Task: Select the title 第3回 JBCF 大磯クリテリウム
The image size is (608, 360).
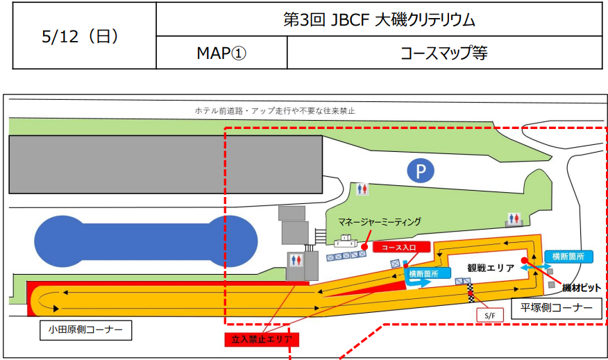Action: [x=379, y=19]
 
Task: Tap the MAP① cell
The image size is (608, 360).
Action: [x=221, y=53]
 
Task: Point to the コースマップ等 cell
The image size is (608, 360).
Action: [x=444, y=53]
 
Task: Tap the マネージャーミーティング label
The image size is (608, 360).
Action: [x=380, y=222]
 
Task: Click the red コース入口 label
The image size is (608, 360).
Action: [x=401, y=246]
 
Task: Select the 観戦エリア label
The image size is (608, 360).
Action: [x=490, y=268]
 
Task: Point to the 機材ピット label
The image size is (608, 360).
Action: [x=581, y=286]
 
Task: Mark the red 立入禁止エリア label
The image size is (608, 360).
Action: [x=261, y=339]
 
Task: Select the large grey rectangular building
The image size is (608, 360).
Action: [x=165, y=165]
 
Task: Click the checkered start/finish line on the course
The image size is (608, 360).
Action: [x=471, y=291]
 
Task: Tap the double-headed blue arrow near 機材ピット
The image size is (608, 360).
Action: [x=534, y=266]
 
